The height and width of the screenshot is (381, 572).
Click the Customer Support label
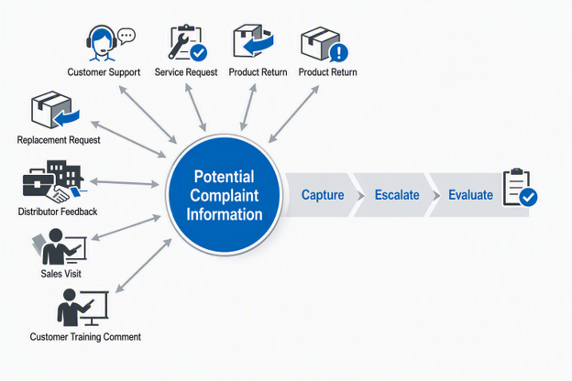point(104,72)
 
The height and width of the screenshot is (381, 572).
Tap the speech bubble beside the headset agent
point(126,36)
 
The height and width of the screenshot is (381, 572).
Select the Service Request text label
point(186,72)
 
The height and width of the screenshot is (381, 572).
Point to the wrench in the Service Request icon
point(177,46)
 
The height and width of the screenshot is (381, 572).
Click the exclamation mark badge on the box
point(339,52)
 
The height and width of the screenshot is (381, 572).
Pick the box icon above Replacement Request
point(55,109)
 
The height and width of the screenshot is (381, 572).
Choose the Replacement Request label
point(59,140)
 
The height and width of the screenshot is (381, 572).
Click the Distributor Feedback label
point(58,212)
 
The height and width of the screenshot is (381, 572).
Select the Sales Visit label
point(60,274)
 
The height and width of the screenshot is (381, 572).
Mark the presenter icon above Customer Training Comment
point(82,308)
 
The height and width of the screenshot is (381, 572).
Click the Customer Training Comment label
point(85,336)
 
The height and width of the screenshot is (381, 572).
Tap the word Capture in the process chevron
point(323,195)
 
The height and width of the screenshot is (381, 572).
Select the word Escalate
point(397,195)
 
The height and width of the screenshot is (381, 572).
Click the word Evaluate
point(470,195)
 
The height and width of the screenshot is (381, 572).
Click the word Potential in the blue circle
point(224,177)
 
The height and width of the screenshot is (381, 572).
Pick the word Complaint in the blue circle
point(224,196)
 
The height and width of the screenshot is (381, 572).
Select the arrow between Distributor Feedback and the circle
point(125,182)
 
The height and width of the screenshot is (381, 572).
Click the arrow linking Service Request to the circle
point(195,107)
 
